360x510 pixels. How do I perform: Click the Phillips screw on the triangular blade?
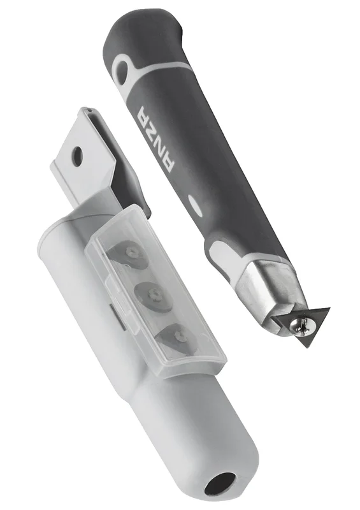click(299, 323)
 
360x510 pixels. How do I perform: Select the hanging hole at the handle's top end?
click(122, 68)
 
